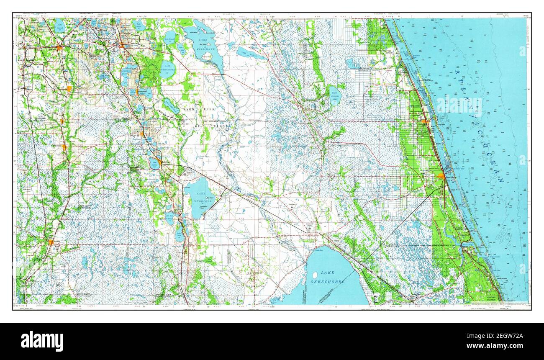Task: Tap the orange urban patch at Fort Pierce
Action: pos(441,176)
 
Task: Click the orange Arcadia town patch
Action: pos(51,242)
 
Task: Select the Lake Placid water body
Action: pos(179,235)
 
